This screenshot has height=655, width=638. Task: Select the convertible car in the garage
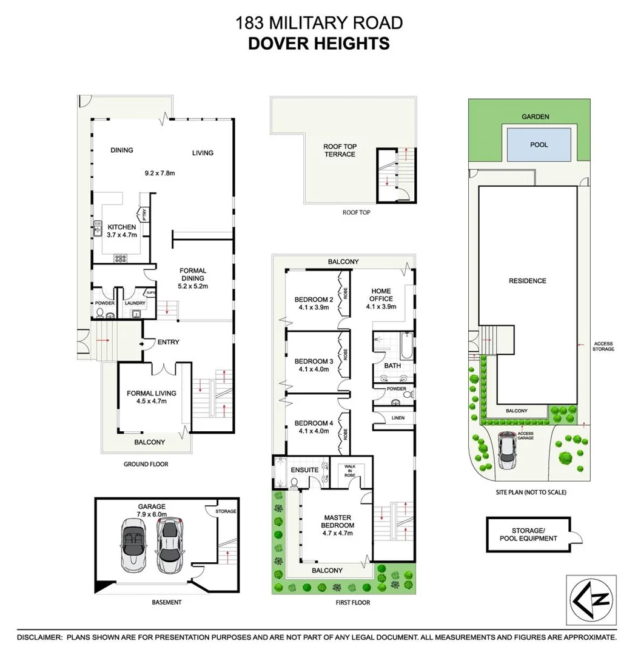click(132, 543)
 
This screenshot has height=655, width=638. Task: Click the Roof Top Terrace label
click(340, 150)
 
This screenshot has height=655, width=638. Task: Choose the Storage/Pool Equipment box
click(528, 534)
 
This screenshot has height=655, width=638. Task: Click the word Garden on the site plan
click(537, 116)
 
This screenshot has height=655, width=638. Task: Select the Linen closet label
click(398, 418)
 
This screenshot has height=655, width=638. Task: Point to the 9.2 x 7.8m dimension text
click(159, 173)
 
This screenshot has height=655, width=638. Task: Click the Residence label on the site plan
click(528, 281)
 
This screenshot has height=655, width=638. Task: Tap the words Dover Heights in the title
click(319, 43)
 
